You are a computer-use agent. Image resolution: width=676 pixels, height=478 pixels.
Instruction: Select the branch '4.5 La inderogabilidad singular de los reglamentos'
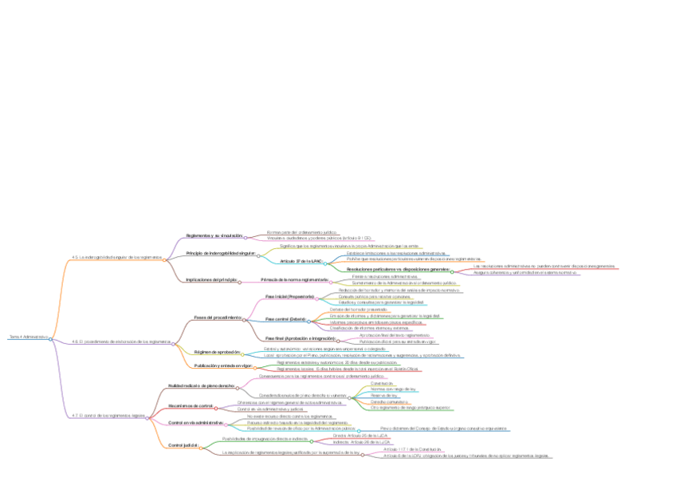coord(116,257)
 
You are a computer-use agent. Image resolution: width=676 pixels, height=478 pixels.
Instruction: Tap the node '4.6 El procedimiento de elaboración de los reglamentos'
coord(122,341)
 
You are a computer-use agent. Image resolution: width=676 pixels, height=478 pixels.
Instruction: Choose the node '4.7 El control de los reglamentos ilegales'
coord(108,416)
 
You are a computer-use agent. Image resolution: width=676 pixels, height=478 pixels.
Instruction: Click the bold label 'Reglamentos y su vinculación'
coord(214,235)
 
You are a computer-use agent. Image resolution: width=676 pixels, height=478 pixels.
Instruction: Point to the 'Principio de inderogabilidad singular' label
coord(220,253)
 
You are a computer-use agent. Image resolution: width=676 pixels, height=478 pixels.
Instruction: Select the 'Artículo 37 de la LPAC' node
coord(301,262)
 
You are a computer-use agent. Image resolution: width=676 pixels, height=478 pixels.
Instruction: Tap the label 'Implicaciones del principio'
coord(211,280)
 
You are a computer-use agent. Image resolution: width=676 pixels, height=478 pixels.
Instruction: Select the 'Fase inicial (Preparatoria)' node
coord(290,296)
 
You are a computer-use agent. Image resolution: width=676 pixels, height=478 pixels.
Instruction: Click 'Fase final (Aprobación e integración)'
coord(300,338)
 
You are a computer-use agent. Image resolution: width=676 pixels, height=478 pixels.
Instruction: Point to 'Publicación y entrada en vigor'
coord(223,365)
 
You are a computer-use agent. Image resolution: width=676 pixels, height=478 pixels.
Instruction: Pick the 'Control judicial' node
coord(184,445)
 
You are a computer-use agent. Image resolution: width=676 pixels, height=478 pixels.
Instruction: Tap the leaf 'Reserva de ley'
coord(384,395)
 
